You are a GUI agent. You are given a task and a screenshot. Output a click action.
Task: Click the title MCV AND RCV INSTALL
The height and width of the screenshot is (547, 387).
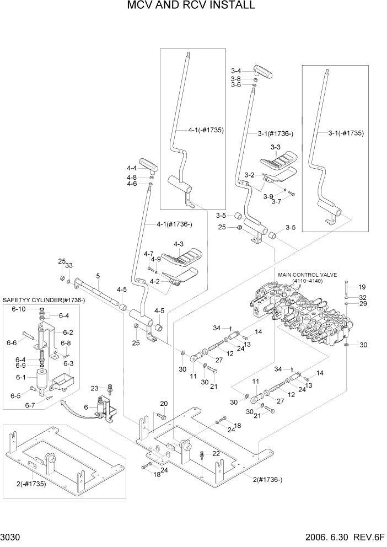191,6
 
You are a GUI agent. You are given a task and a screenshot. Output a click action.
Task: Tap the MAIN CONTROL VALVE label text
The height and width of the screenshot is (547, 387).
308,274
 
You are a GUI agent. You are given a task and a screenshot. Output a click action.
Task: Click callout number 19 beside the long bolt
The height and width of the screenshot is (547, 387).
362,287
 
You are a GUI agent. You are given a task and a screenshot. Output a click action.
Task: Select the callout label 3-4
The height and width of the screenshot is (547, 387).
236,71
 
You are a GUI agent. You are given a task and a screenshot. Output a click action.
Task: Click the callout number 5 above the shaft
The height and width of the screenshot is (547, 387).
98,276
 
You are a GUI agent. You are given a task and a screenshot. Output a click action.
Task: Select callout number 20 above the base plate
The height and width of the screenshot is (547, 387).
164,404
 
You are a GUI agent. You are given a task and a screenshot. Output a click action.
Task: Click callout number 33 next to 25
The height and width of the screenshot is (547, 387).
69,265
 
